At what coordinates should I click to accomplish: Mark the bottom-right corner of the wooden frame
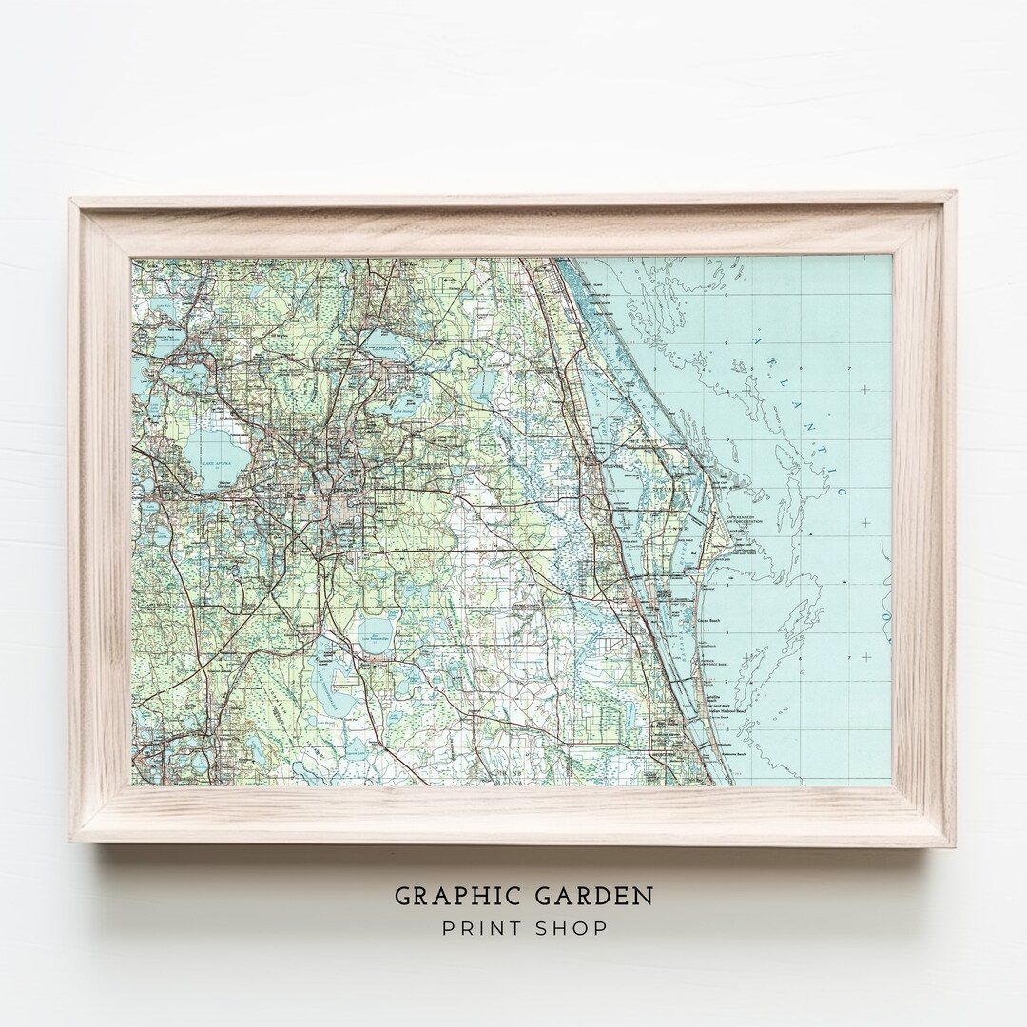pos(955,844)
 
